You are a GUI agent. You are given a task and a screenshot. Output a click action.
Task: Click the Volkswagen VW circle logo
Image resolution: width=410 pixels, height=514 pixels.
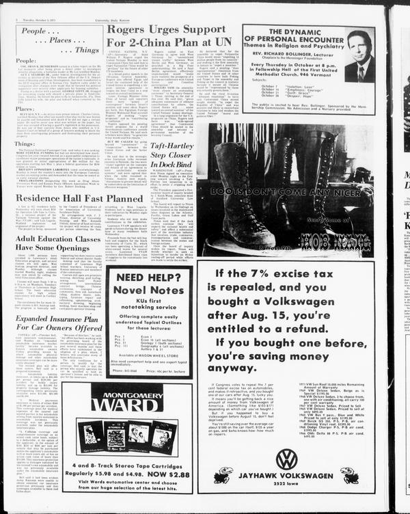(x=287, y=459)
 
